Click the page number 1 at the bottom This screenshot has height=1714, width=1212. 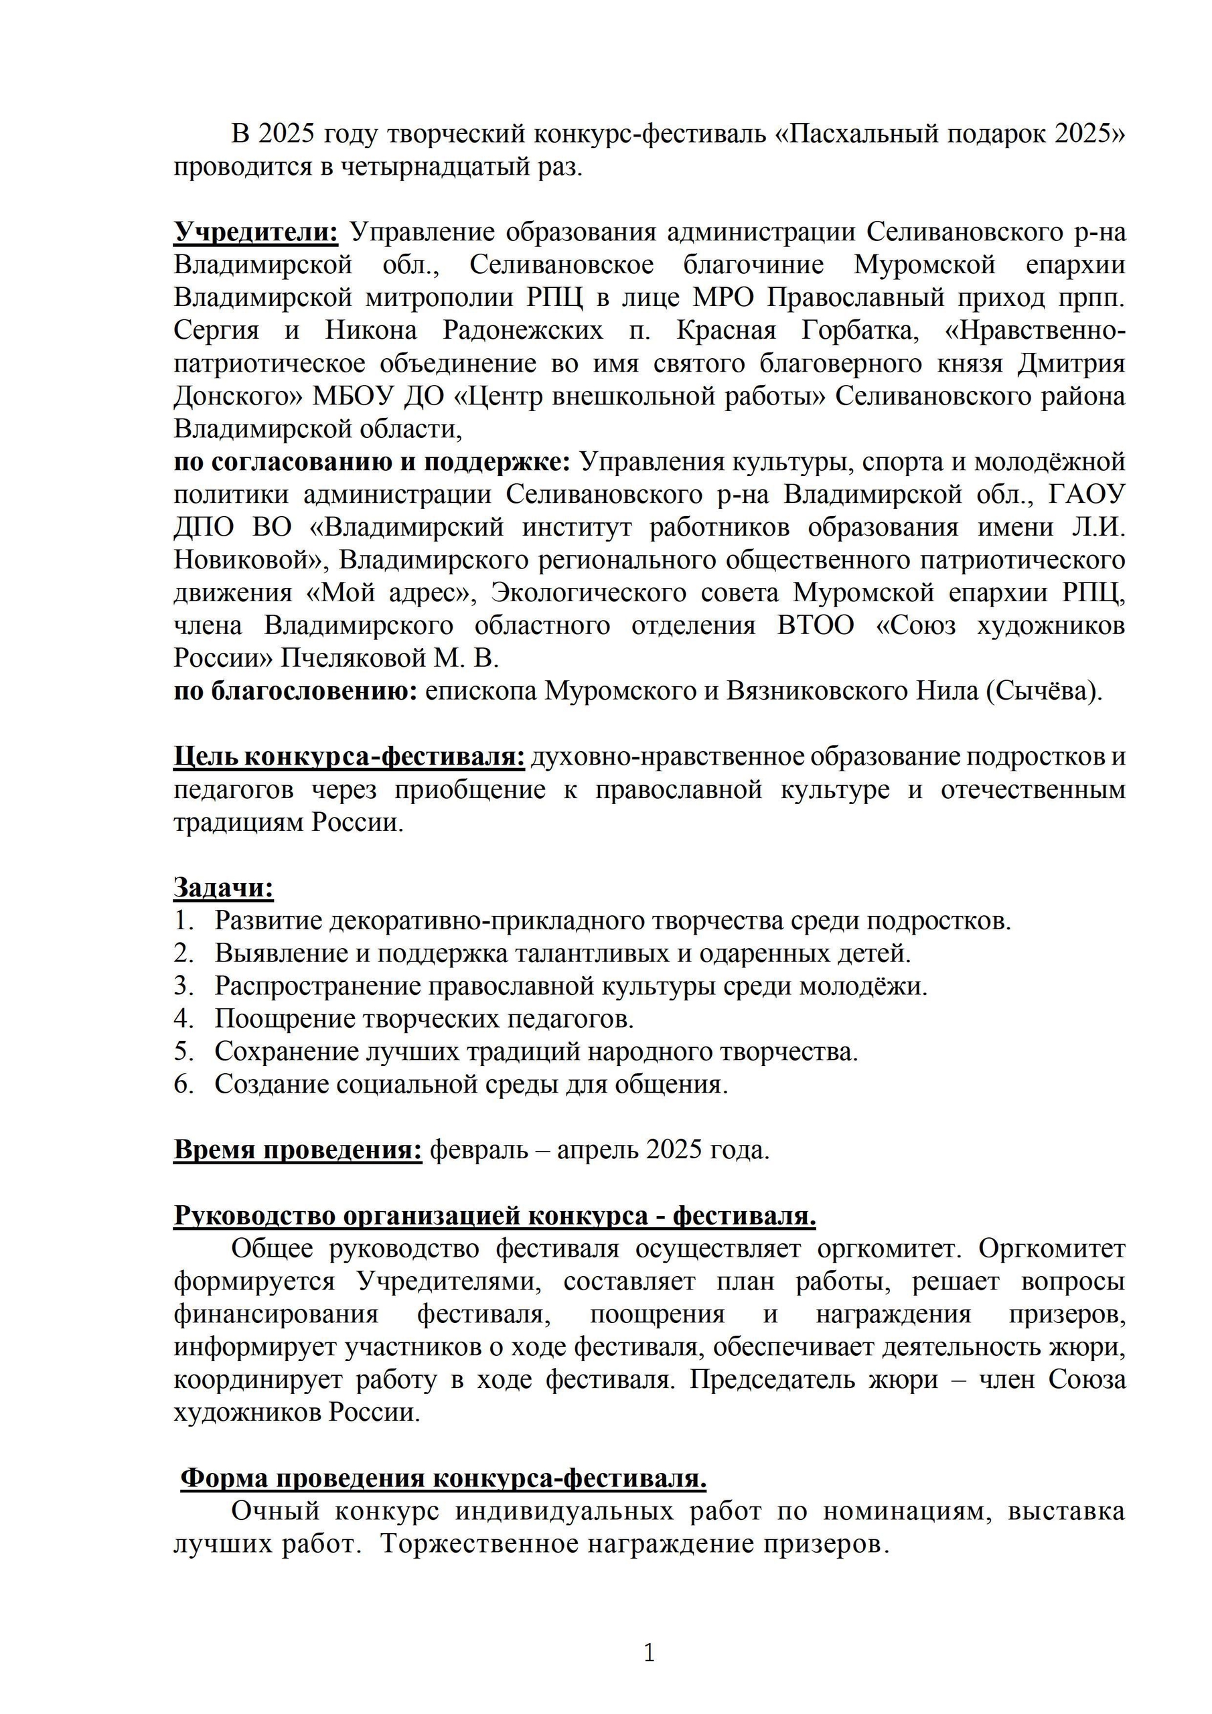tap(648, 1653)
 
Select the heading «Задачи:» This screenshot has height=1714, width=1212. tap(223, 888)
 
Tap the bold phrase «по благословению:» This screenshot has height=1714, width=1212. tap(296, 691)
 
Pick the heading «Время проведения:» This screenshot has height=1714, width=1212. tap(298, 1150)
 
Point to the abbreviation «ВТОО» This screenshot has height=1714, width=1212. tap(816, 625)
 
